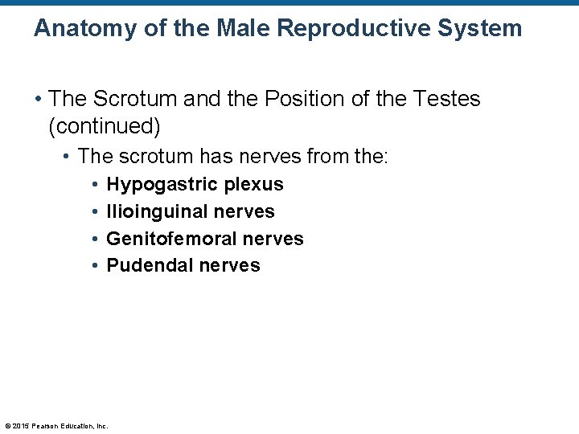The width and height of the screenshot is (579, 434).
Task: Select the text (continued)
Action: [105, 126]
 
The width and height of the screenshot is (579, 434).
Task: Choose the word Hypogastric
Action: [162, 185]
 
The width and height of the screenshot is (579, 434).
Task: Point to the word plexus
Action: [254, 185]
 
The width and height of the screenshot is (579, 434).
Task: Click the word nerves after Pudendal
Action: [229, 266]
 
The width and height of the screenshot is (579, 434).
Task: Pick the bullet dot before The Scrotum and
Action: [38, 100]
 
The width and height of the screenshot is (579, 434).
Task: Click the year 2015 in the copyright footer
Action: [21, 426]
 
